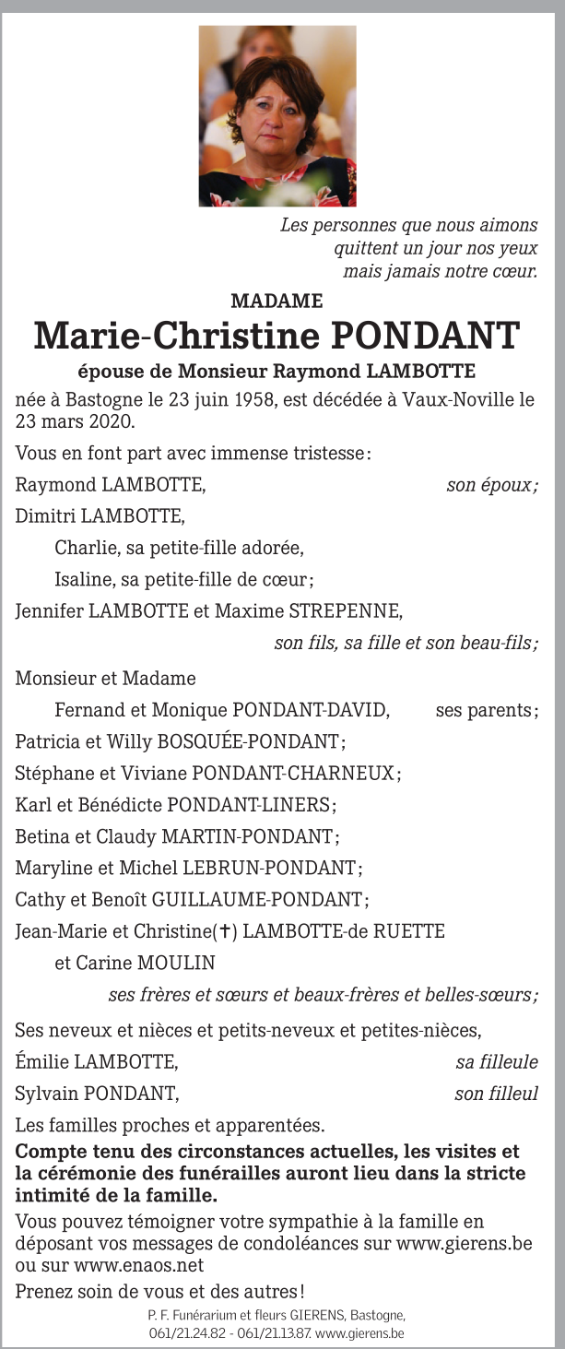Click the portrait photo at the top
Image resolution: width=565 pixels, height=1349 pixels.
pyautogui.click(x=277, y=115)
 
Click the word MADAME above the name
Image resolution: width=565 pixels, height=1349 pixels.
pyautogui.click(x=277, y=301)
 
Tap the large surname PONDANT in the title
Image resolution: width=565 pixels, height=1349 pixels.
pyautogui.click(x=425, y=336)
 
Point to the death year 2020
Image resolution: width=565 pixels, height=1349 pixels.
pyautogui.click(x=112, y=422)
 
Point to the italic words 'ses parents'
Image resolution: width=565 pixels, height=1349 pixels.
pyautogui.click(x=486, y=711)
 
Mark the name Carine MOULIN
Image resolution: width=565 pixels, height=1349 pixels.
pyautogui.click(x=135, y=964)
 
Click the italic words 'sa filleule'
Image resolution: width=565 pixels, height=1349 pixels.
pyautogui.click(x=497, y=1062)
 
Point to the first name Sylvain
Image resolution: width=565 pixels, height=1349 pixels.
pyautogui.click(x=46, y=1094)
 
